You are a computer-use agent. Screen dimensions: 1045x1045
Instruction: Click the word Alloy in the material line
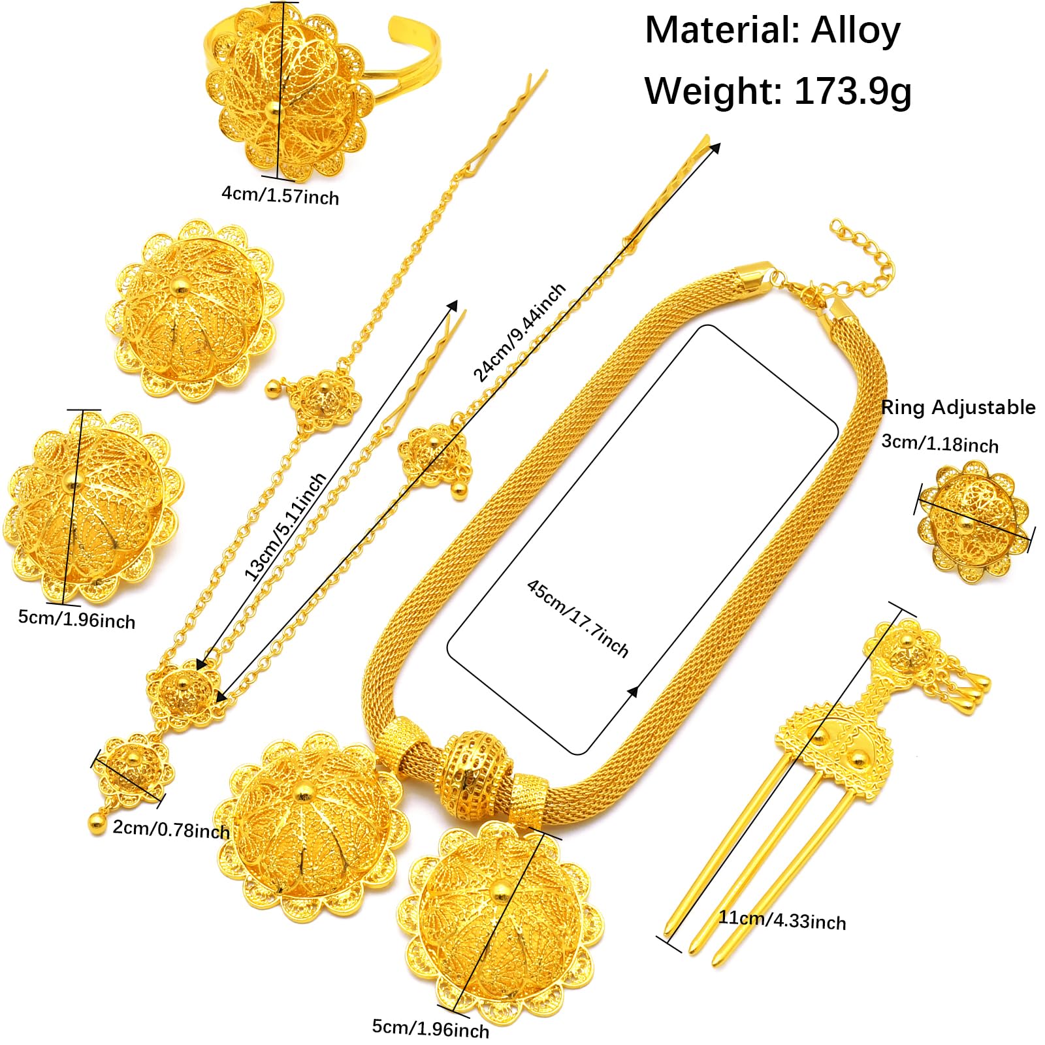856,31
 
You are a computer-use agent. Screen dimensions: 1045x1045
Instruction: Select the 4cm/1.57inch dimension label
280,195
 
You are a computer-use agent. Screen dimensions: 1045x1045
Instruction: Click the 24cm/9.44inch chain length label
519,332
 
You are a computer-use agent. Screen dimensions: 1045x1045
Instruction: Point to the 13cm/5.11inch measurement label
285,526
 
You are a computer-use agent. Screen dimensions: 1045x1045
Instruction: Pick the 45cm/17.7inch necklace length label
577,618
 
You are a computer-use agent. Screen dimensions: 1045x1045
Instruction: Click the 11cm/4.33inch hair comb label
782,920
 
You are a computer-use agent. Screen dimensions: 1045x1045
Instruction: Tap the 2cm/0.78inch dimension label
171,829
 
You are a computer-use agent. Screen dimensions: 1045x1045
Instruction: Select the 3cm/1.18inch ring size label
940,443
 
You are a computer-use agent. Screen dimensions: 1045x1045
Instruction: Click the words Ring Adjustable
958,408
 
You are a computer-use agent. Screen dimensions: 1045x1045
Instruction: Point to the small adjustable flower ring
974,522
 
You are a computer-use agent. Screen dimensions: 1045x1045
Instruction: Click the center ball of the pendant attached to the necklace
500,892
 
